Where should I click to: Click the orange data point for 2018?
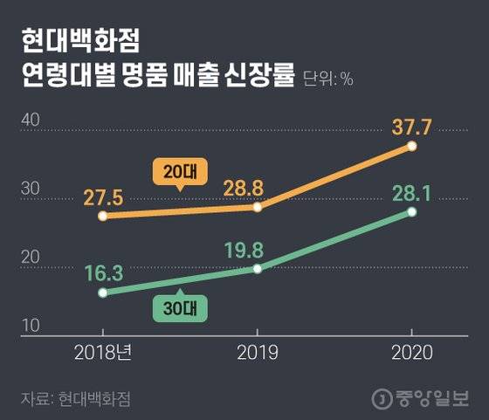coord(103,216)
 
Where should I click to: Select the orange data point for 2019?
coord(258,207)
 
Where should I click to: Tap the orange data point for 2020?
coord(412,146)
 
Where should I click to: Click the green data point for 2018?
coord(103,293)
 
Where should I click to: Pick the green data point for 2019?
coord(258,268)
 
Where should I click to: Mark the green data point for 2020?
coord(412,211)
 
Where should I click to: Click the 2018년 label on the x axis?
coord(103,353)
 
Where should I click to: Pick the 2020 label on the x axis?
coord(412,353)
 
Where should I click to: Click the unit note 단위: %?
coord(328,80)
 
